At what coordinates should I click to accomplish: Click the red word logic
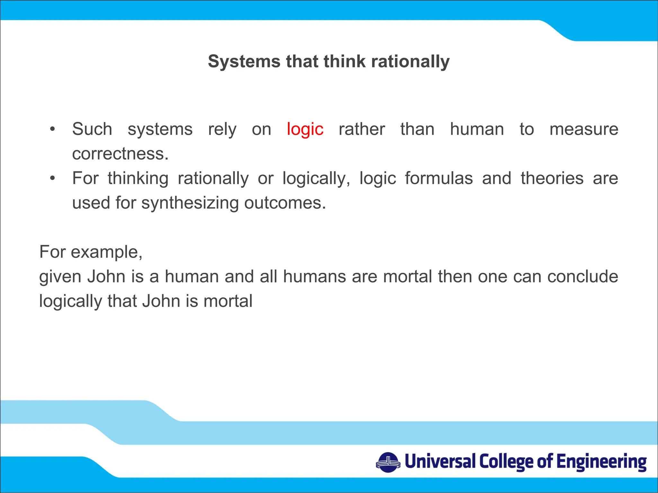[305, 129]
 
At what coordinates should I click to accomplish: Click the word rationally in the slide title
[410, 61]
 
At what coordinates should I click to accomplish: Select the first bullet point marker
[52, 129]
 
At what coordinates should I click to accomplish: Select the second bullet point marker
[52, 178]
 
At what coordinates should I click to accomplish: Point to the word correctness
[120, 154]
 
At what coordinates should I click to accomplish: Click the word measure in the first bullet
[583, 129]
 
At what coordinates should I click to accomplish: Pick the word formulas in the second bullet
[439, 178]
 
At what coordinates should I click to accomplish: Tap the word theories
[552, 178]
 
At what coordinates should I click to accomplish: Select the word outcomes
[285, 203]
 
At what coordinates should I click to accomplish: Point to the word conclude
[582, 277]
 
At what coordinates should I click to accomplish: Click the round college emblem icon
[388, 462]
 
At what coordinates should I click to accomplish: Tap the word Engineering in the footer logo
[601, 462]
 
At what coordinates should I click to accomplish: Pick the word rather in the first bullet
[362, 129]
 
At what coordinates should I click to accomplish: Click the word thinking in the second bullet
[138, 179]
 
